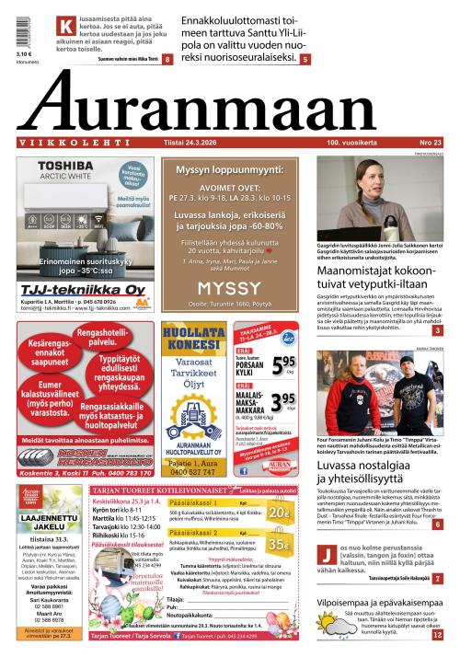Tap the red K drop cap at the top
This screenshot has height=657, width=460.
point(64,27)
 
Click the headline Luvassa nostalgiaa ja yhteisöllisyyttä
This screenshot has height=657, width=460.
point(377,474)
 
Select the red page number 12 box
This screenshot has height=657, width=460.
point(437,634)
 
